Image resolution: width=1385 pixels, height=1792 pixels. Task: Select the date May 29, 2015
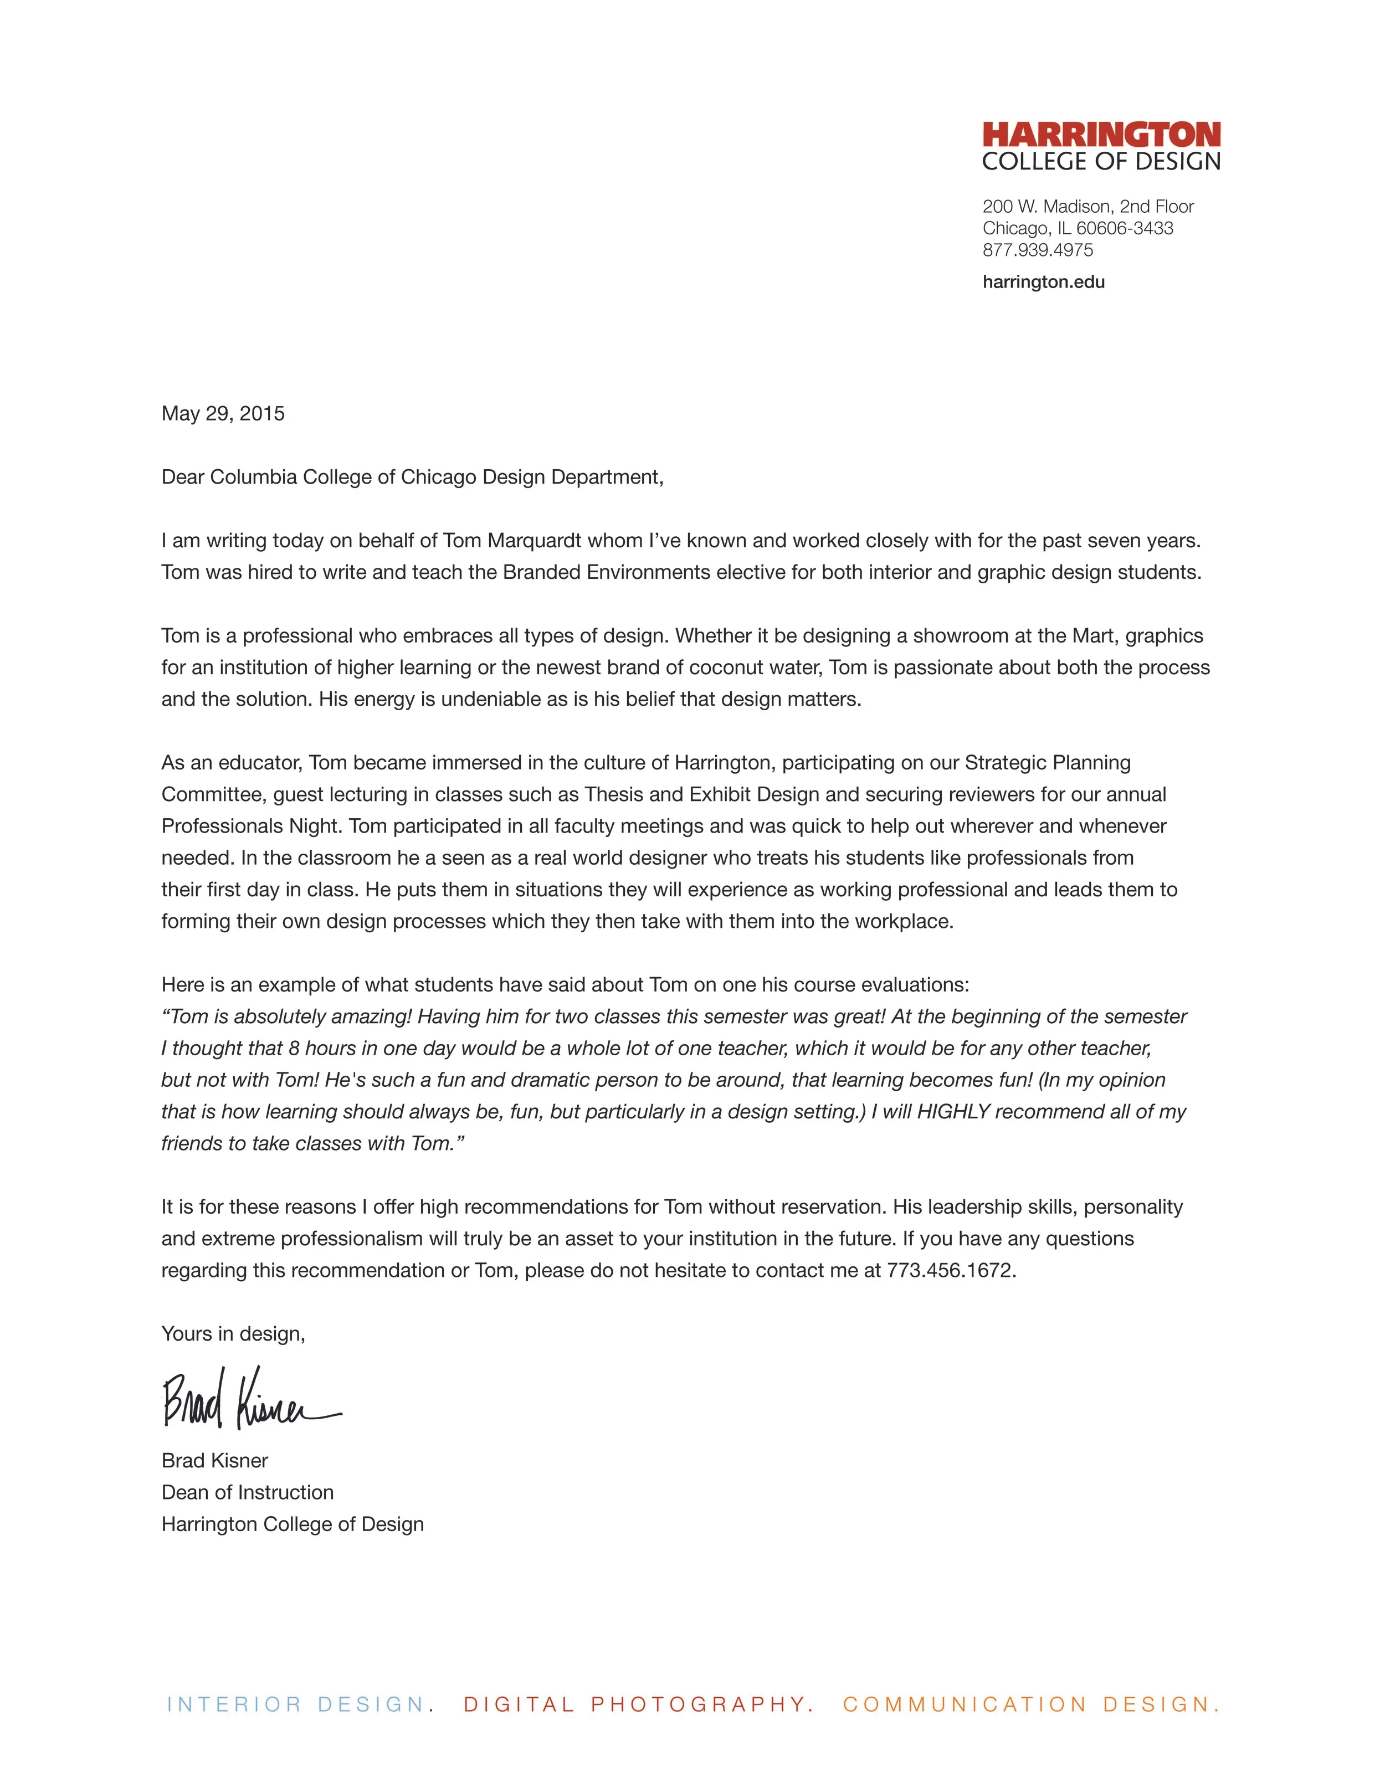(223, 414)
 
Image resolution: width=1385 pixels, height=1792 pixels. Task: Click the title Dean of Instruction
(247, 1492)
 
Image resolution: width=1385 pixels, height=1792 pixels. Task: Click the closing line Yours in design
(233, 1334)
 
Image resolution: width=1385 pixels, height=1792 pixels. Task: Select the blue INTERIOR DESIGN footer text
(295, 1704)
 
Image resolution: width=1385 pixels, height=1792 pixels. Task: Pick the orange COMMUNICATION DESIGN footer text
(1030, 1704)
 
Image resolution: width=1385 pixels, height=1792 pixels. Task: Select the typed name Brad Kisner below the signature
(215, 1461)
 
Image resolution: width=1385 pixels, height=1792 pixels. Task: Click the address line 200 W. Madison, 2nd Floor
(1088, 207)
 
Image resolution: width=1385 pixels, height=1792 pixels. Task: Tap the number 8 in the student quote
(294, 1049)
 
